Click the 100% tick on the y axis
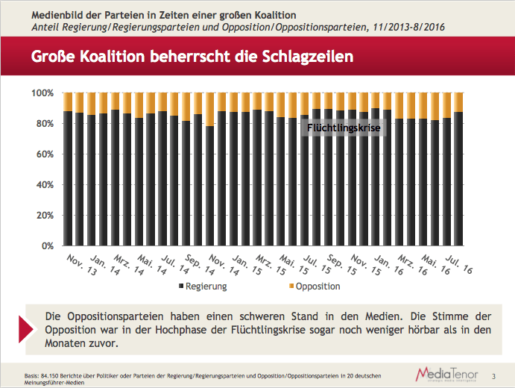(x=42, y=93)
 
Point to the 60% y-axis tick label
(x=44, y=154)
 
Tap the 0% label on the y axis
(x=47, y=245)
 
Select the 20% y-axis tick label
(x=44, y=215)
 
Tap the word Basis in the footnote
(x=31, y=375)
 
